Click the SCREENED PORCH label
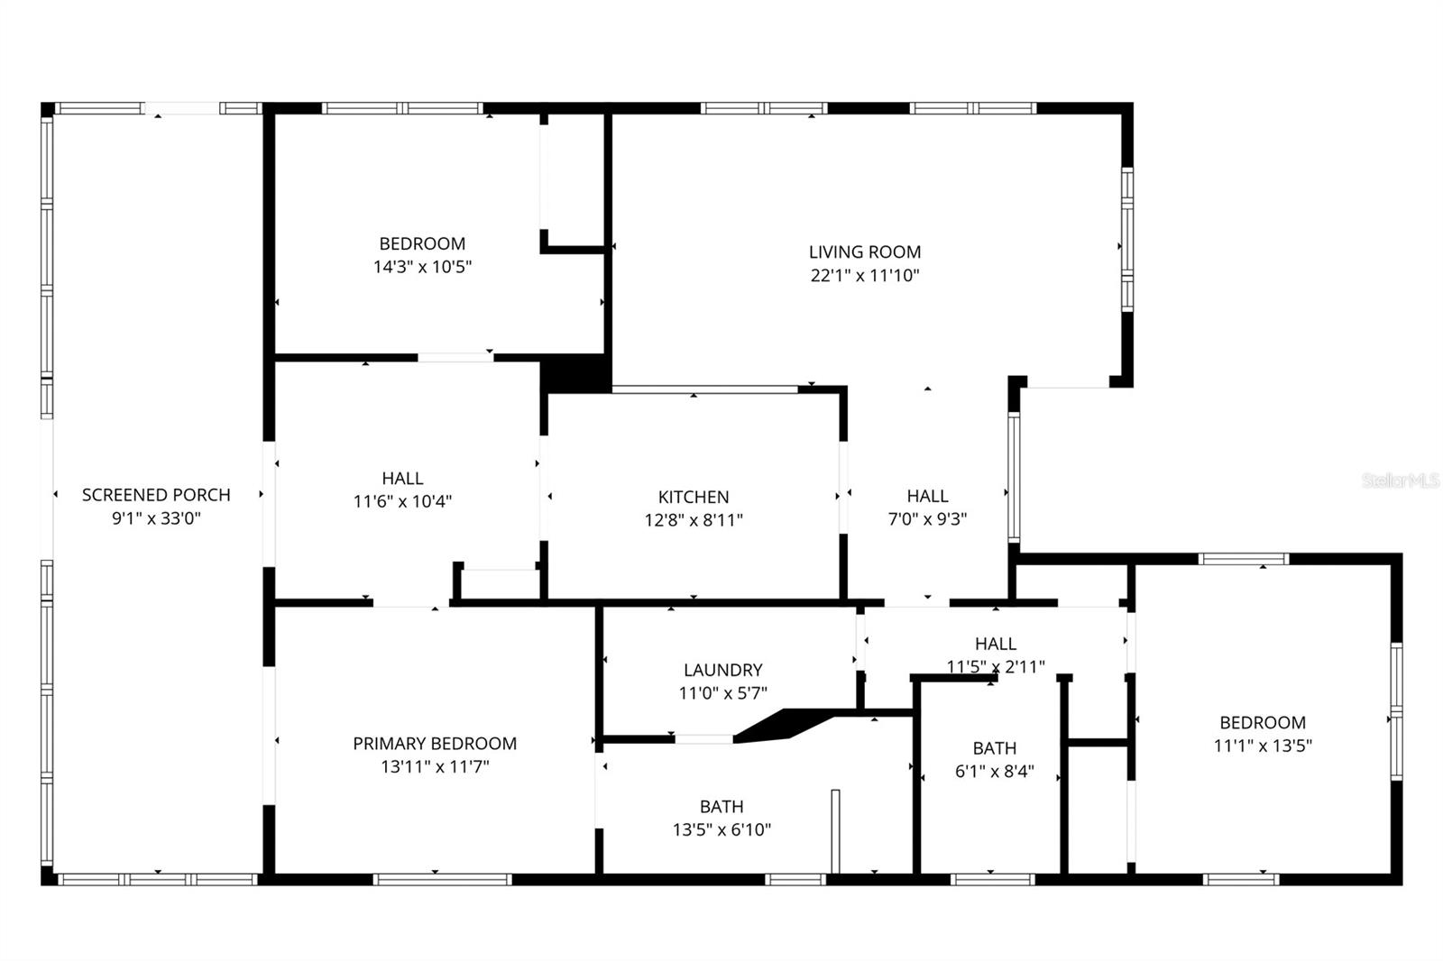[156, 494]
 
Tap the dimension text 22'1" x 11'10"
[864, 276]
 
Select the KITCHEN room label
[694, 497]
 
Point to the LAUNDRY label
[722, 670]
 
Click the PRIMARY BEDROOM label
[435, 744]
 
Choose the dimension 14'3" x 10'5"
[422, 267]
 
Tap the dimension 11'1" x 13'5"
[1263, 746]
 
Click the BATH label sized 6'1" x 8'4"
[994, 748]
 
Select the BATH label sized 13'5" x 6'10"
[721, 807]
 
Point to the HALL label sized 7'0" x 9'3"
[927, 496]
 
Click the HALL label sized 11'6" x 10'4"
[402, 479]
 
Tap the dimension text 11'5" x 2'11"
[996, 667]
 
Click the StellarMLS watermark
[1400, 481]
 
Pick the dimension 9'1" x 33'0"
[156, 518]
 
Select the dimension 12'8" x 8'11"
[694, 520]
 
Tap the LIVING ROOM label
[864, 252]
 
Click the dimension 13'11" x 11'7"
[435, 767]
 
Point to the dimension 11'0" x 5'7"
[722, 693]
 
